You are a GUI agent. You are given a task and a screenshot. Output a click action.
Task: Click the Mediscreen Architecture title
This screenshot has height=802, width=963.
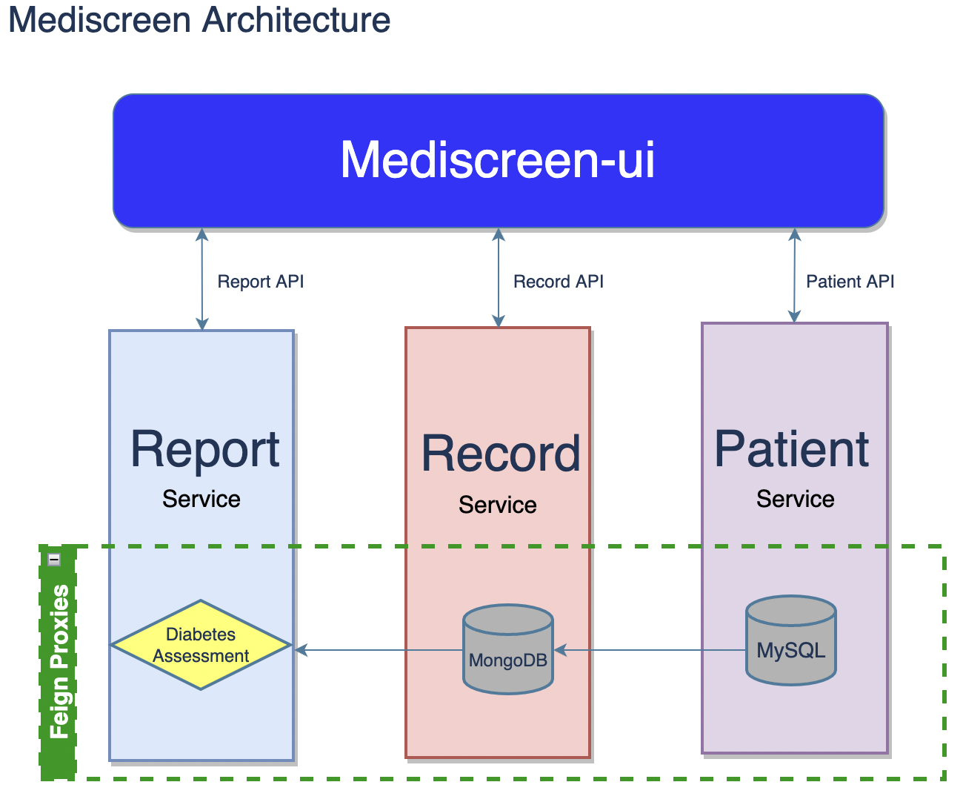pos(199,20)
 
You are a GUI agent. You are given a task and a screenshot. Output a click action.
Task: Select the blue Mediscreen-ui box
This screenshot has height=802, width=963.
pos(498,160)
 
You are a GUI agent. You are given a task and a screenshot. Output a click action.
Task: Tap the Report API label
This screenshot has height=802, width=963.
pos(260,282)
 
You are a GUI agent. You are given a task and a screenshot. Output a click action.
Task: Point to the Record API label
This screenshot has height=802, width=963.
pos(558,282)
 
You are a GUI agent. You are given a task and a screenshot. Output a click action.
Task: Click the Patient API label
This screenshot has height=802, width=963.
pos(850,282)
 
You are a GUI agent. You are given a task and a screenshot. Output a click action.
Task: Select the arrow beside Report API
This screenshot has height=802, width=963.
pos(202,279)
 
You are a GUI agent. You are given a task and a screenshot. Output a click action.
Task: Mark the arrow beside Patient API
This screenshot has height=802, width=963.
pos(794,275)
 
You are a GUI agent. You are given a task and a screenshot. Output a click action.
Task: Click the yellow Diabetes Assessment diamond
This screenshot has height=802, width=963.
pos(201,645)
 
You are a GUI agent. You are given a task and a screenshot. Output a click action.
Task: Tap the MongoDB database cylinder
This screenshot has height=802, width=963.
pos(508,649)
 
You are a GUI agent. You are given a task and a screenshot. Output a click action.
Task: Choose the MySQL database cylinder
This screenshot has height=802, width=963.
pos(790,640)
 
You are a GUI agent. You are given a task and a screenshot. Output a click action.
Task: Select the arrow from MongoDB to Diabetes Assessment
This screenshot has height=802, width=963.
pos(378,650)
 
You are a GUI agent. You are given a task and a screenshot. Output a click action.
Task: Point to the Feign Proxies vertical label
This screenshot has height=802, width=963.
pos(59,661)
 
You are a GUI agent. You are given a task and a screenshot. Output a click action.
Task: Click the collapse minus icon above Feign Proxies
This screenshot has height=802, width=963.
pos(54,560)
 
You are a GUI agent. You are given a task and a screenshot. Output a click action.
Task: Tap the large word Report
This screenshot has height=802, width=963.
pos(205,449)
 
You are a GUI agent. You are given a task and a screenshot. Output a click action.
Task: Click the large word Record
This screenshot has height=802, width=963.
pos(501,454)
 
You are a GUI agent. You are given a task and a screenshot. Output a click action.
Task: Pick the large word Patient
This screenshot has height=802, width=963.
pos(791,449)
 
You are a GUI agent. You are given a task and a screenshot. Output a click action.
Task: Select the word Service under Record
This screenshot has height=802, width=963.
pos(497,505)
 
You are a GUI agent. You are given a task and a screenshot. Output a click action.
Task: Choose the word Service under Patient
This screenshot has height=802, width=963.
pos(795,499)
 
